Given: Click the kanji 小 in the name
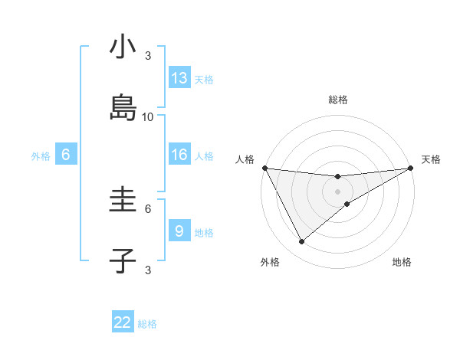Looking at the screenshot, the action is pyautogui.click(x=123, y=47).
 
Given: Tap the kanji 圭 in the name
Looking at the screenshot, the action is pyautogui.click(x=123, y=201).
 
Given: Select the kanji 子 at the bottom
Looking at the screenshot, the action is pyautogui.click(x=123, y=261).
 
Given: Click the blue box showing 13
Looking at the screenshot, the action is pyautogui.click(x=179, y=78).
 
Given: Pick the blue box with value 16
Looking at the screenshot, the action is pyautogui.click(x=179, y=155).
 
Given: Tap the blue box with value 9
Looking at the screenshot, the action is pyautogui.click(x=179, y=231).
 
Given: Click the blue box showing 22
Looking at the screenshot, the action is pyautogui.click(x=123, y=322).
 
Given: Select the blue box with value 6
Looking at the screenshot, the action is pyautogui.click(x=66, y=155).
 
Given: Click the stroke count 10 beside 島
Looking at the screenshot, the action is pyautogui.click(x=148, y=116).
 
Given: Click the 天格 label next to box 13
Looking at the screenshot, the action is pyautogui.click(x=204, y=79).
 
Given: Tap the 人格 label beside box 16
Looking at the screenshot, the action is pyautogui.click(x=204, y=155).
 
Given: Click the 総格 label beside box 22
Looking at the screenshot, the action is pyautogui.click(x=147, y=323).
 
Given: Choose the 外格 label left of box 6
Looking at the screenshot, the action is pyautogui.click(x=41, y=155).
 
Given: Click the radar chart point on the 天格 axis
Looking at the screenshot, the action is pyautogui.click(x=411, y=169).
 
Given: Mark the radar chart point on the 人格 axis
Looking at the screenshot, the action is pyautogui.click(x=264, y=168).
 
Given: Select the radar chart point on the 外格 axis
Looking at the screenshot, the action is pyautogui.click(x=301, y=242).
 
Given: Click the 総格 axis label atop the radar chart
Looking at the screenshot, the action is pyautogui.click(x=338, y=100).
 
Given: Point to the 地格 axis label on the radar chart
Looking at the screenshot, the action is pyautogui.click(x=402, y=262).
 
